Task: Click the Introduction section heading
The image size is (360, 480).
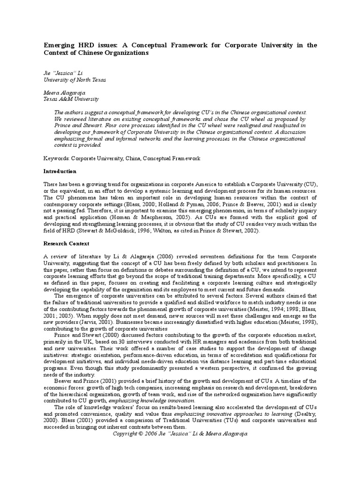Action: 60,172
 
